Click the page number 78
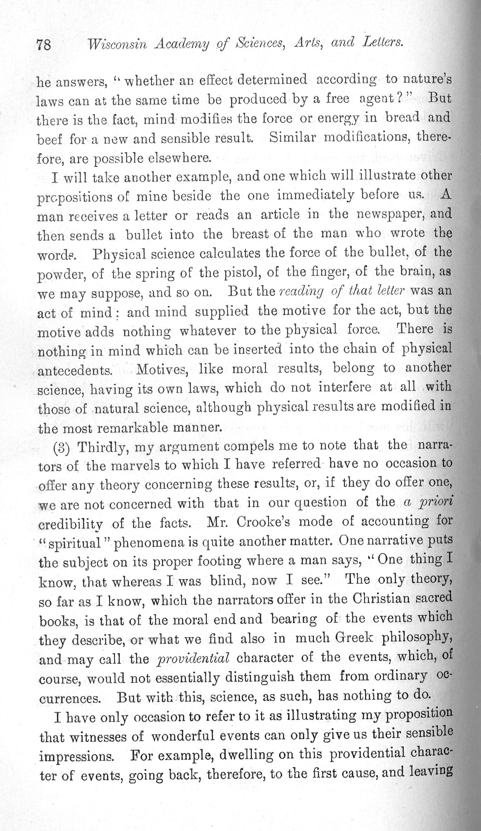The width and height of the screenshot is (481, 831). (x=44, y=45)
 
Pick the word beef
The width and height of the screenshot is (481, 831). (x=49, y=139)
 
